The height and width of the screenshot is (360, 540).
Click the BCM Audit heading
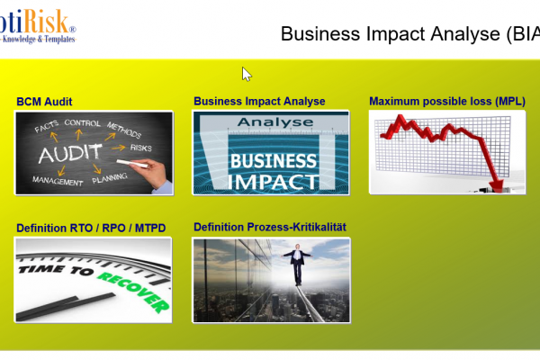tap(44, 102)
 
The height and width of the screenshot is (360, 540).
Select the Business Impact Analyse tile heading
tap(259, 102)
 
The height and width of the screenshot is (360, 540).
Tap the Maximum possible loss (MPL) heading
tap(446, 102)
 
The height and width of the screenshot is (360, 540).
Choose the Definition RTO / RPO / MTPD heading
tap(91, 228)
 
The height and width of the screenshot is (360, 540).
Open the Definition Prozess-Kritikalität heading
tap(270, 227)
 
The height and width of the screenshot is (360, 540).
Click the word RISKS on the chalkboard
tap(141, 147)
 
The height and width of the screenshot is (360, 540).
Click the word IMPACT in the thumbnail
tap(271, 180)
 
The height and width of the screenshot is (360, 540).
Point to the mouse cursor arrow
tap(247, 74)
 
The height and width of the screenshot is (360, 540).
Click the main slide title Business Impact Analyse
tap(396, 33)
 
